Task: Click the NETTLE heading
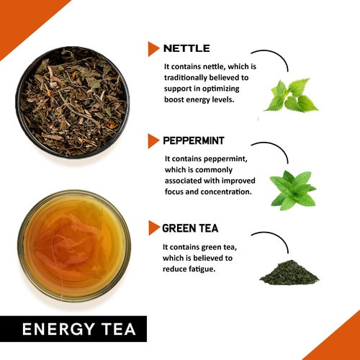[186, 48]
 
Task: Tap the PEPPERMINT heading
[194, 141]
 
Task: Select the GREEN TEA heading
[190, 228]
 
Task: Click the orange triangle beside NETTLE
[153, 49]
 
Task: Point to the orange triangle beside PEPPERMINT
[153, 141]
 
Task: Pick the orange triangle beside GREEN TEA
[153, 228]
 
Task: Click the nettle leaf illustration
[291, 95]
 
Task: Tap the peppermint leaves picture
[293, 190]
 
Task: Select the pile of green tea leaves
[289, 272]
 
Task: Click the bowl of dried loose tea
[73, 102]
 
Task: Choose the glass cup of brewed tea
[74, 246]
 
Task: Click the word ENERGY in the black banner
[58, 329]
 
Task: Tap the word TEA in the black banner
[119, 329]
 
